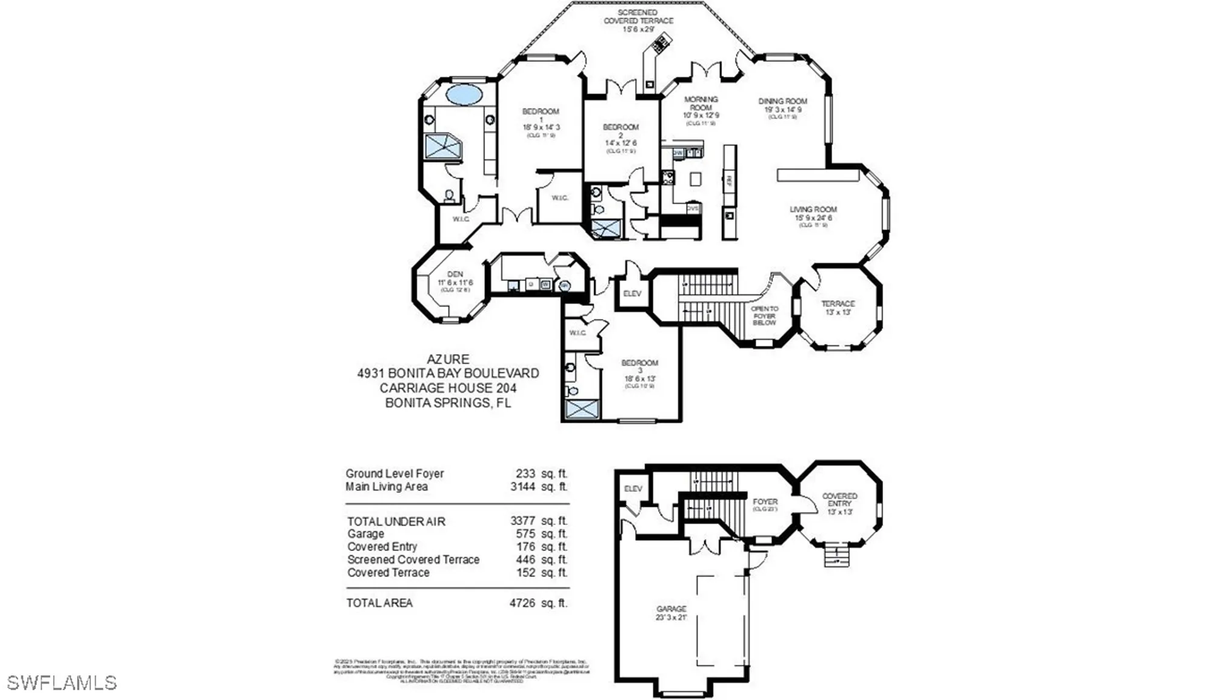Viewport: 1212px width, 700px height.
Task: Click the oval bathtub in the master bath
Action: [x=464, y=95]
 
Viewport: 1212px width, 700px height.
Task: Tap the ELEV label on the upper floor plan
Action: [x=632, y=294]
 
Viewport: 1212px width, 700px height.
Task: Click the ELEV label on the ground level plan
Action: [x=633, y=489]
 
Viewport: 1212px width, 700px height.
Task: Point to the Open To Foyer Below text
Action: [x=764, y=315]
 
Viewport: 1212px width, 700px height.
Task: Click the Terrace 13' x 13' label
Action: [x=838, y=308]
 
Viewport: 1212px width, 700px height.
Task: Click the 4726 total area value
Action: [x=522, y=603]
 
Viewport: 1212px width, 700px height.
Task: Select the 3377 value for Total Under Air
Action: [x=522, y=521]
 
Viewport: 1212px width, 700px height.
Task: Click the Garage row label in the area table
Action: [x=365, y=534]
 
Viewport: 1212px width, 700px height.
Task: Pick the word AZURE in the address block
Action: [x=448, y=359]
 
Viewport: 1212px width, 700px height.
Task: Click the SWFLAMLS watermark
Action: [x=61, y=683]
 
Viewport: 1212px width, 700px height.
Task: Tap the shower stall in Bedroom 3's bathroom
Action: [x=582, y=409]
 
